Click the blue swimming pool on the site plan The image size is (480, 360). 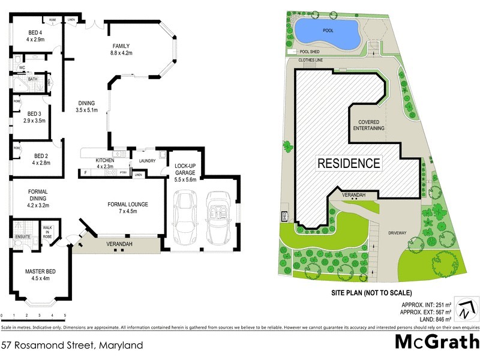pyautogui.click(x=328, y=33)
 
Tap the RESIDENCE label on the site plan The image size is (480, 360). pyautogui.click(x=349, y=163)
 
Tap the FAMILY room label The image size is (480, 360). pyautogui.click(x=122, y=49)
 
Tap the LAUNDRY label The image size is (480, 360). pyautogui.click(x=147, y=161)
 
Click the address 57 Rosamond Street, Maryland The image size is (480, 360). pyautogui.click(x=72, y=346)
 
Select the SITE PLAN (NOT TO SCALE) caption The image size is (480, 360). pyautogui.click(x=371, y=293)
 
